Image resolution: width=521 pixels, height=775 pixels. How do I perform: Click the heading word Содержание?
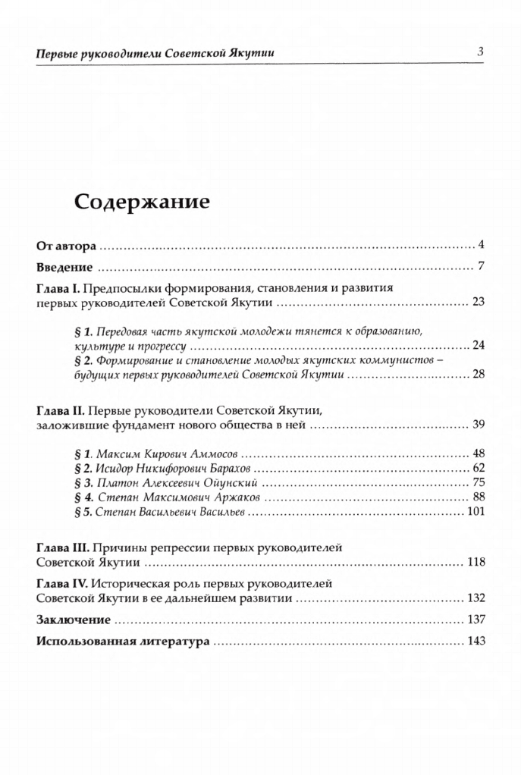[141, 202]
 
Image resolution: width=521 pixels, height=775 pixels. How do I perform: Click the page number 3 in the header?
[480, 52]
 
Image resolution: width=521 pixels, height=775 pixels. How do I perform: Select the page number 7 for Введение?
[481, 267]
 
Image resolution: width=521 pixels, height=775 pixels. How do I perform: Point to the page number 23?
[478, 303]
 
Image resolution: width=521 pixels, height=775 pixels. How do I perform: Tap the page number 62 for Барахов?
[478, 468]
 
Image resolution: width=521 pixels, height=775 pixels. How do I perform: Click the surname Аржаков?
[250, 497]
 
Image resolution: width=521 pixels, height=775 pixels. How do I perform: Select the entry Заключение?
[74, 620]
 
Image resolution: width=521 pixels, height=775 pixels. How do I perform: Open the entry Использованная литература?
[123, 641]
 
